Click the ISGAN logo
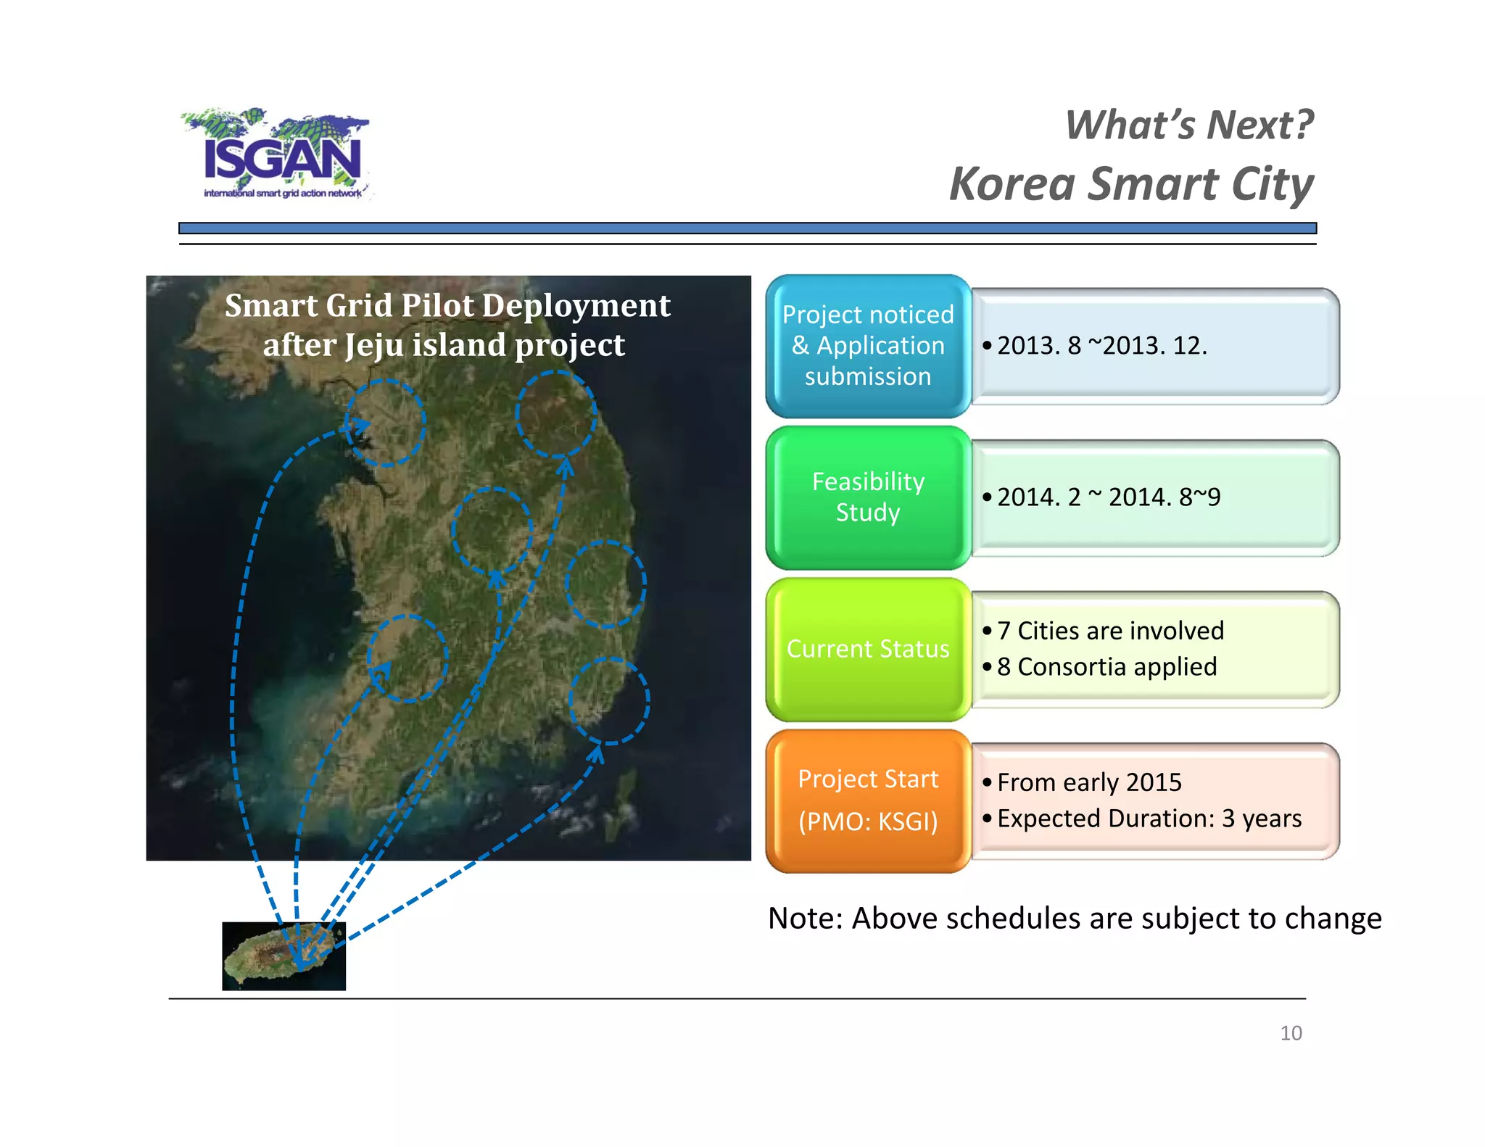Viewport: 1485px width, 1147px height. pos(279,154)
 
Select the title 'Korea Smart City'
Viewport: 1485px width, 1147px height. pos(1131,184)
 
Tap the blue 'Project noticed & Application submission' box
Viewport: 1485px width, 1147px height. pos(868,346)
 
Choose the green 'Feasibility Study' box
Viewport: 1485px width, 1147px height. pos(868,497)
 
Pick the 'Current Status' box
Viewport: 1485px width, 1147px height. pos(868,649)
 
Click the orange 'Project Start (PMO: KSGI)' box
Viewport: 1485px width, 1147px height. pos(868,800)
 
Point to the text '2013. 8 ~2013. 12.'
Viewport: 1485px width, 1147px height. pos(1102,346)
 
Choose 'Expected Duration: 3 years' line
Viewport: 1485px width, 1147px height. pos(1149,819)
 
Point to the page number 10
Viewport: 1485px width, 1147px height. pos(1291,1033)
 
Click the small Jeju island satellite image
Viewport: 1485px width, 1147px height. pos(284,956)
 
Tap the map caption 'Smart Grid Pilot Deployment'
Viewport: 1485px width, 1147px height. pos(447,306)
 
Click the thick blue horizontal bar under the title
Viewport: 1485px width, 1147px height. pos(747,228)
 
